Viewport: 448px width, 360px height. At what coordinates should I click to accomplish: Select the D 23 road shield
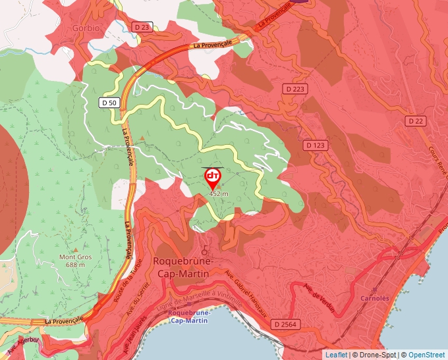142,27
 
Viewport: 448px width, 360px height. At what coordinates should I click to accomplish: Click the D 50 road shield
109,103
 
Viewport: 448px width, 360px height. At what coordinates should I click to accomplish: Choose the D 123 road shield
316,144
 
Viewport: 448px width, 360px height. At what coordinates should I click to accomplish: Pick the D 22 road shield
416,121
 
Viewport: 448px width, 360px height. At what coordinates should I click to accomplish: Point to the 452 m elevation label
218,194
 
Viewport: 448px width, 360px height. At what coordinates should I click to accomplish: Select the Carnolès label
375,297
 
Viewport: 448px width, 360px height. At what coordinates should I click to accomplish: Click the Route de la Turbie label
132,276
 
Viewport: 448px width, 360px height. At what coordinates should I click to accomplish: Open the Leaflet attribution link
336,355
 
